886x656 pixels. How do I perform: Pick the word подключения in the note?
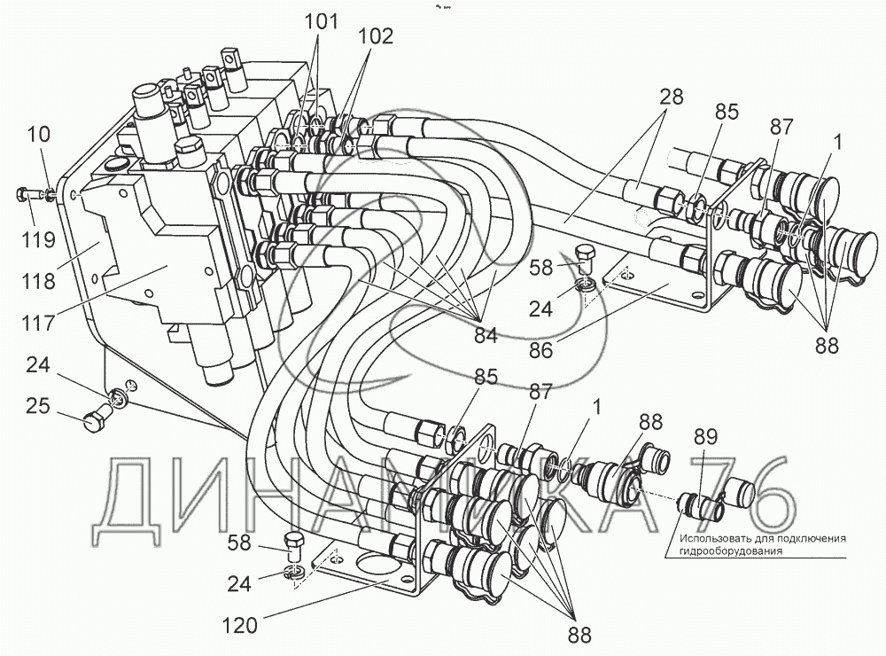click(x=812, y=538)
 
